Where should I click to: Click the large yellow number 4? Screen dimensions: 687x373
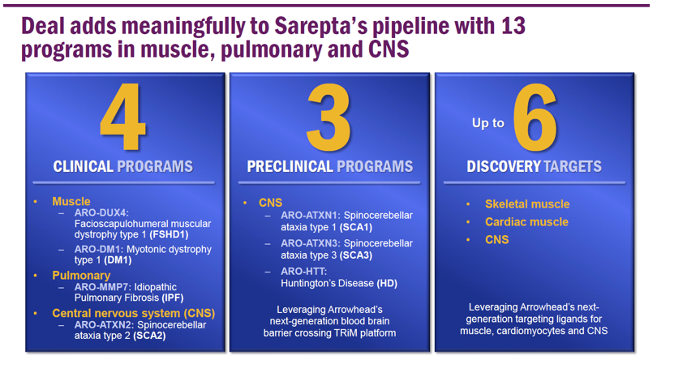(122, 116)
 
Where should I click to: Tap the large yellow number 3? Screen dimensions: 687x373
(328, 118)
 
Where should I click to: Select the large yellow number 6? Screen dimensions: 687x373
(535, 118)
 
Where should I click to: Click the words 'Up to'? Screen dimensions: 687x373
(488, 123)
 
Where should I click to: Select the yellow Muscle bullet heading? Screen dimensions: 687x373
(71, 201)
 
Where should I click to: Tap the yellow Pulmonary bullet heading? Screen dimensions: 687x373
(81, 276)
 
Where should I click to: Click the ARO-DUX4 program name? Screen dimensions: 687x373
(101, 212)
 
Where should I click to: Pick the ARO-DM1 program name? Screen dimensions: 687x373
(101, 249)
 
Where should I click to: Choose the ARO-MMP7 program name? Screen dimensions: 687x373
(102, 287)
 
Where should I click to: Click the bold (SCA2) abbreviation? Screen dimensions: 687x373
(149, 337)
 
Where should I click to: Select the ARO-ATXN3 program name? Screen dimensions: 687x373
(311, 243)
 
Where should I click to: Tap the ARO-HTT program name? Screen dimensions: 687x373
(303, 272)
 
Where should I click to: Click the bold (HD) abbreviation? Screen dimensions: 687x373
(387, 283)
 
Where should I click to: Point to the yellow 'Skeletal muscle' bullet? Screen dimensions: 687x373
(527, 204)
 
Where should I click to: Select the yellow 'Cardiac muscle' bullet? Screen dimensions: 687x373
(526, 222)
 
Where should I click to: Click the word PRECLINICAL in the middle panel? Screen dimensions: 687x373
(290, 166)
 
